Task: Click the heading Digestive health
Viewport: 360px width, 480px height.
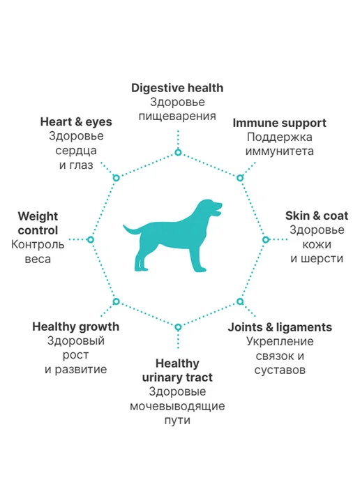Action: (x=177, y=88)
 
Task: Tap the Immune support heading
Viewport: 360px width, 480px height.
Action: (x=280, y=123)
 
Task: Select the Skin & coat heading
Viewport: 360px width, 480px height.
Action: (x=317, y=216)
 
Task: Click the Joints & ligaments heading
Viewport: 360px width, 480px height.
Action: (x=280, y=327)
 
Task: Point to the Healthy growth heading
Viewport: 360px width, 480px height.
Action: (x=76, y=327)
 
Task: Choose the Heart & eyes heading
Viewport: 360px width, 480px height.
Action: (x=76, y=122)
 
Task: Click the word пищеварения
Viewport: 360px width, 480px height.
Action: (x=177, y=117)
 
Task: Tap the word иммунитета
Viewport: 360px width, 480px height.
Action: (x=280, y=151)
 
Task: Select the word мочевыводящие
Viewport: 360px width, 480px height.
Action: (x=177, y=407)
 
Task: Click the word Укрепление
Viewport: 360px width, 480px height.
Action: (x=280, y=342)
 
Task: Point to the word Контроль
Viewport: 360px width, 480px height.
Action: (x=38, y=245)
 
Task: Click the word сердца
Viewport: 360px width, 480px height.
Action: (x=76, y=151)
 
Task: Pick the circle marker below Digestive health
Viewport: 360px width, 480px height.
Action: (x=178, y=152)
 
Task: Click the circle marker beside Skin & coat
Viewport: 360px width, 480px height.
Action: (x=266, y=239)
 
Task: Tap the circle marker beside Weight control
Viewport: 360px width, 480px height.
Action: (x=90, y=239)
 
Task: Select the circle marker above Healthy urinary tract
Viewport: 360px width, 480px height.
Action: (x=178, y=327)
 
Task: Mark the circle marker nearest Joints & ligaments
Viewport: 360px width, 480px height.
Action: (x=240, y=301)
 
